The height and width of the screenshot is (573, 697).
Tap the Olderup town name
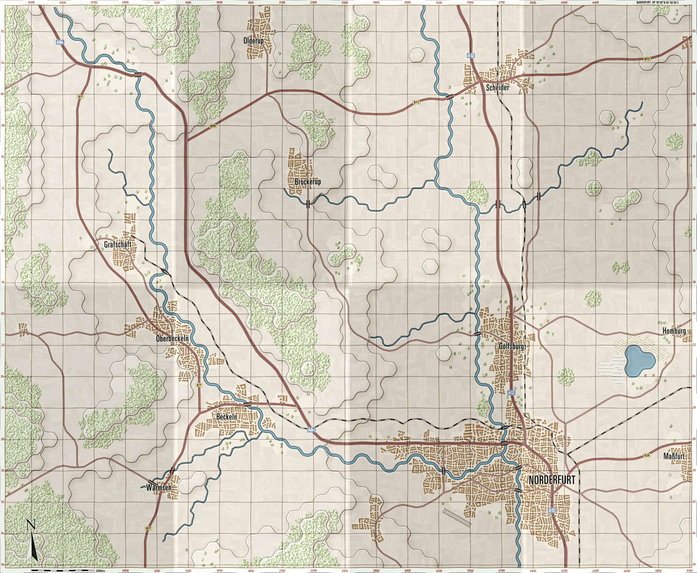[254, 41]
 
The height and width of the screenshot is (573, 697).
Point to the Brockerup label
[308, 182]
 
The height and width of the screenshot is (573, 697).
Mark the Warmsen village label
[159, 487]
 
